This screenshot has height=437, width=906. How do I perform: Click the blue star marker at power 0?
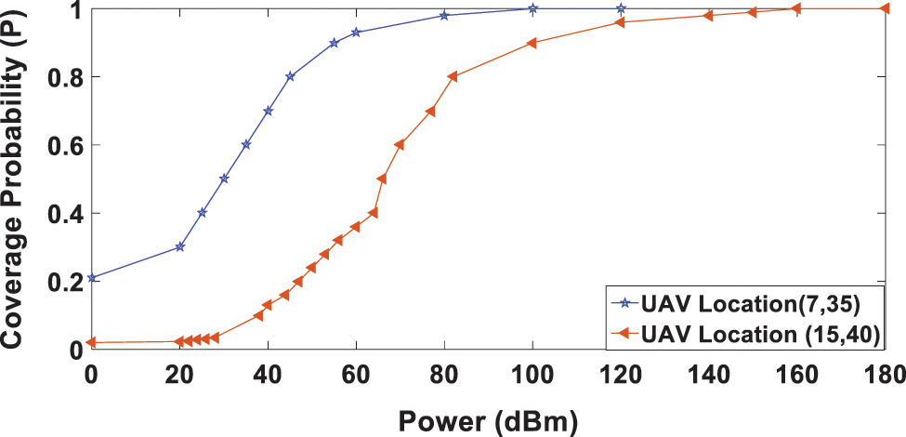point(91,278)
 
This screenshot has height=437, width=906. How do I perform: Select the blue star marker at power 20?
point(179,246)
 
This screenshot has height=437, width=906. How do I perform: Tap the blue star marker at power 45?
point(290,76)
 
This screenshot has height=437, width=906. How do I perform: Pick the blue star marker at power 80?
point(444,15)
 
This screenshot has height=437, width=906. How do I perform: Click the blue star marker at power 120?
point(621,8)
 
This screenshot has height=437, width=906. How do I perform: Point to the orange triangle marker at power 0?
point(91,342)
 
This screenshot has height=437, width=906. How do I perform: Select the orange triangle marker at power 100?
point(532,43)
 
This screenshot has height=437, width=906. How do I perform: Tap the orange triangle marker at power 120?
point(620,22)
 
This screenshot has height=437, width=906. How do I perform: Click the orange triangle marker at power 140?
point(708,16)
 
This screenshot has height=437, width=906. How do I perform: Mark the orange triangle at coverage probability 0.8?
point(453,76)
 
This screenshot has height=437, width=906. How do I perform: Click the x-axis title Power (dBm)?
point(489,419)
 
